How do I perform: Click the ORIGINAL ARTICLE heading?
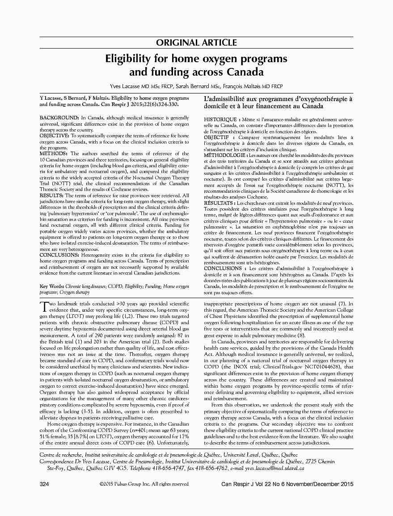196,43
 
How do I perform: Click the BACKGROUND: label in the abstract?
54,118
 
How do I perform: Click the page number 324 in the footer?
44,484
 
